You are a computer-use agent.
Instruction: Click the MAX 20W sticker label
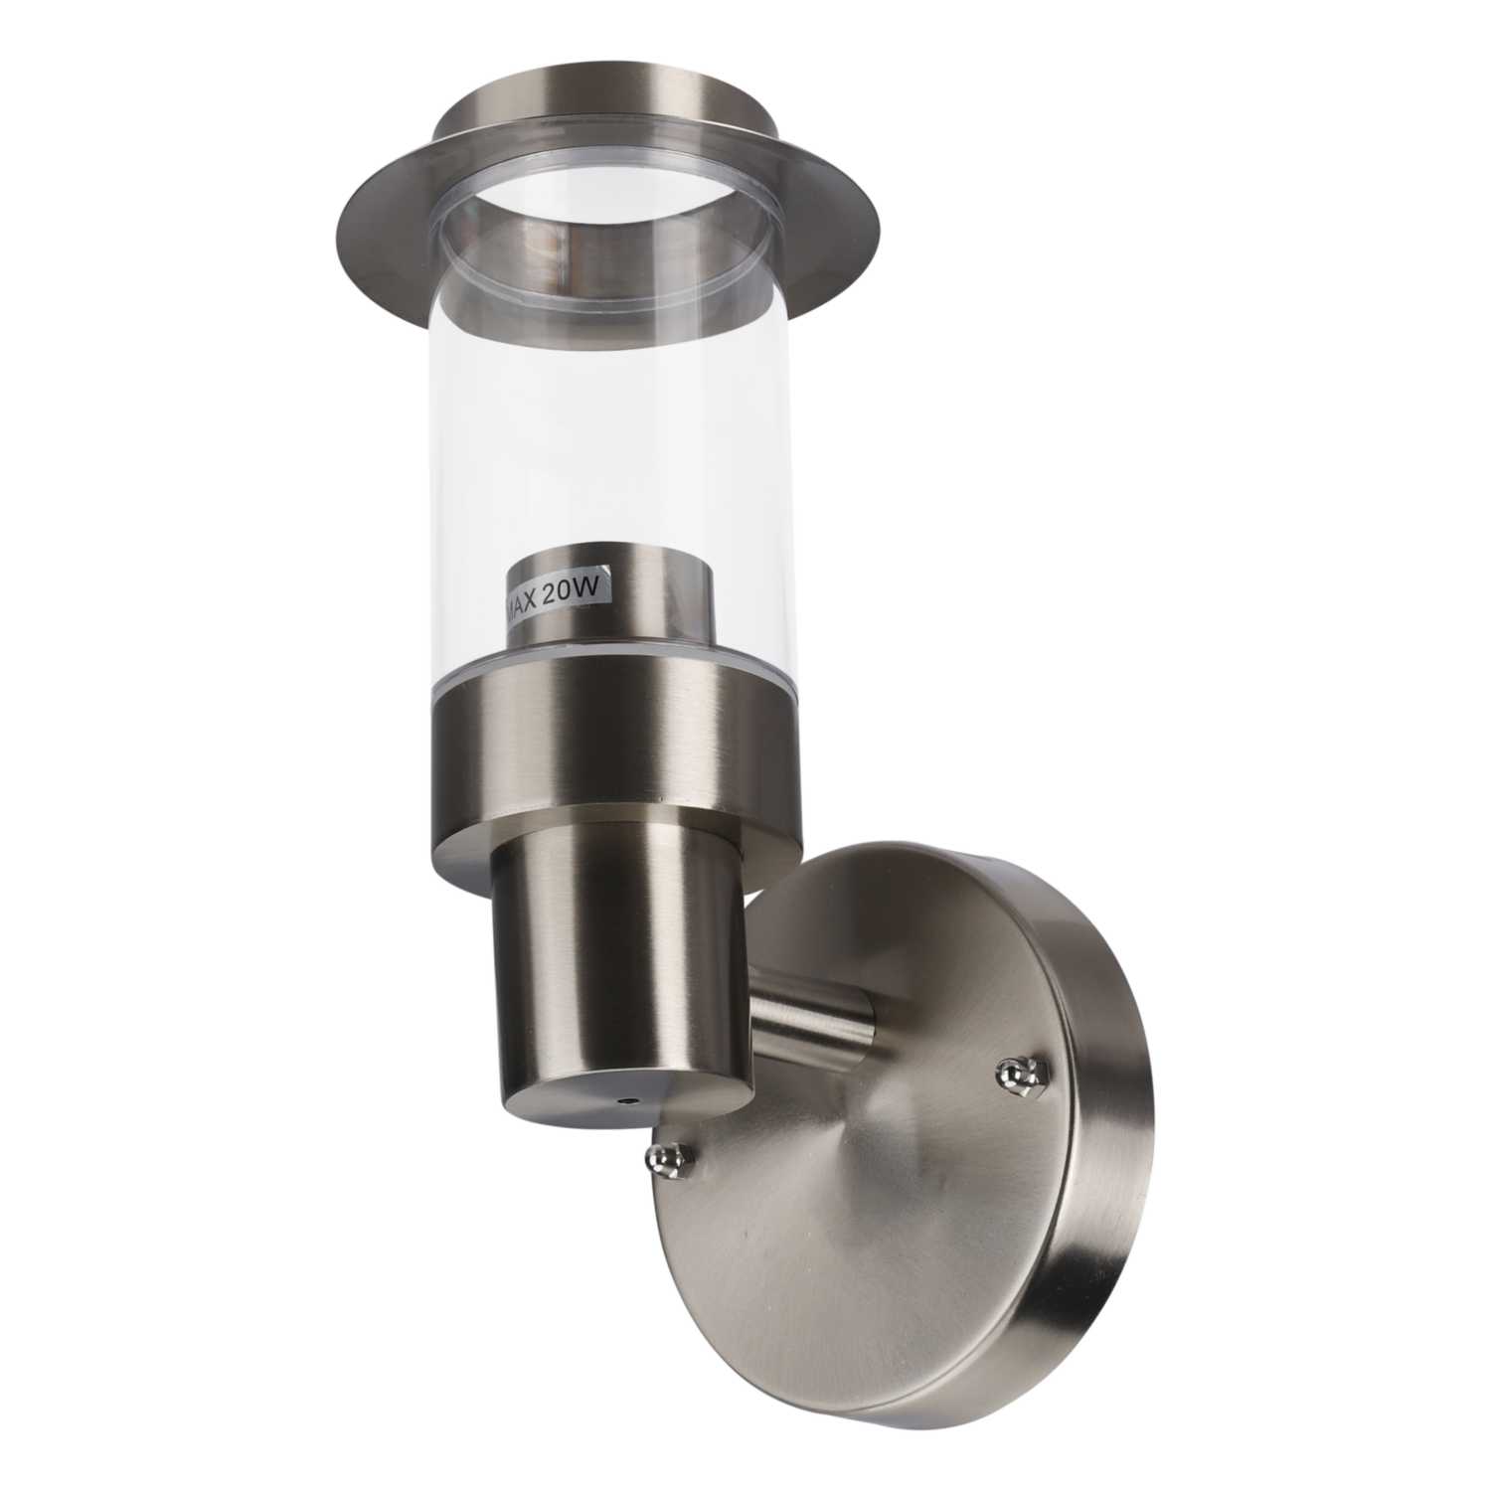tap(557, 599)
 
